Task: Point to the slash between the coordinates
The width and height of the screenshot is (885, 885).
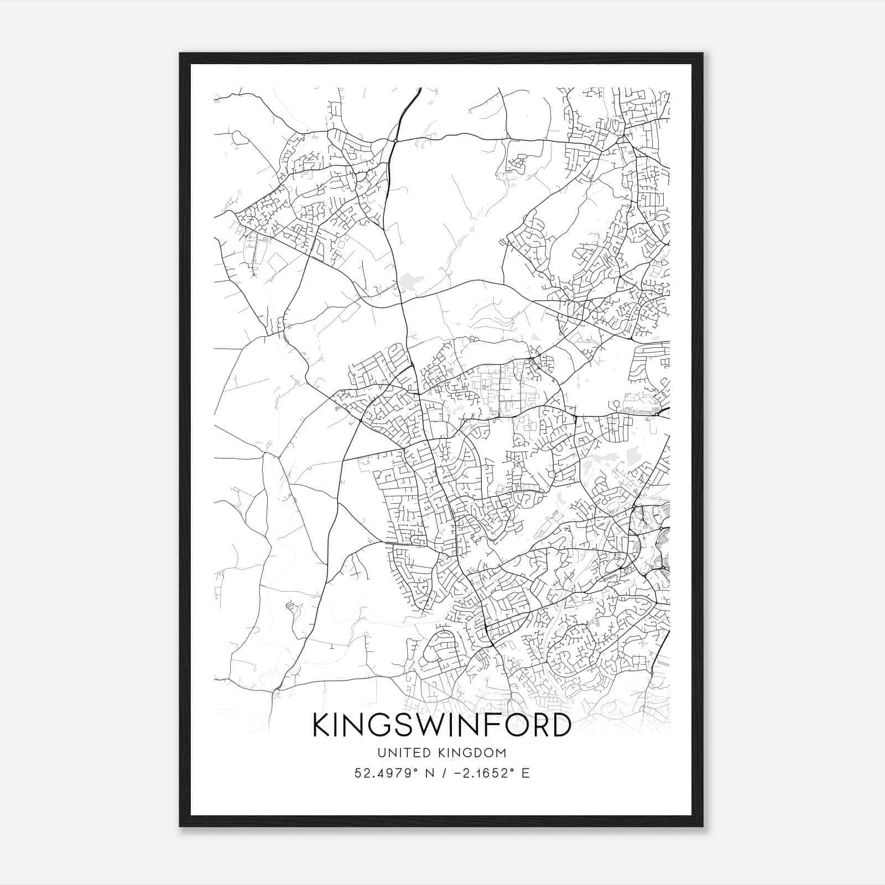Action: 441,773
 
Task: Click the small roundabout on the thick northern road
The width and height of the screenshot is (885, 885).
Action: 395,141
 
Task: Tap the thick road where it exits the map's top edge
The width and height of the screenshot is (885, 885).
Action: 420,88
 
